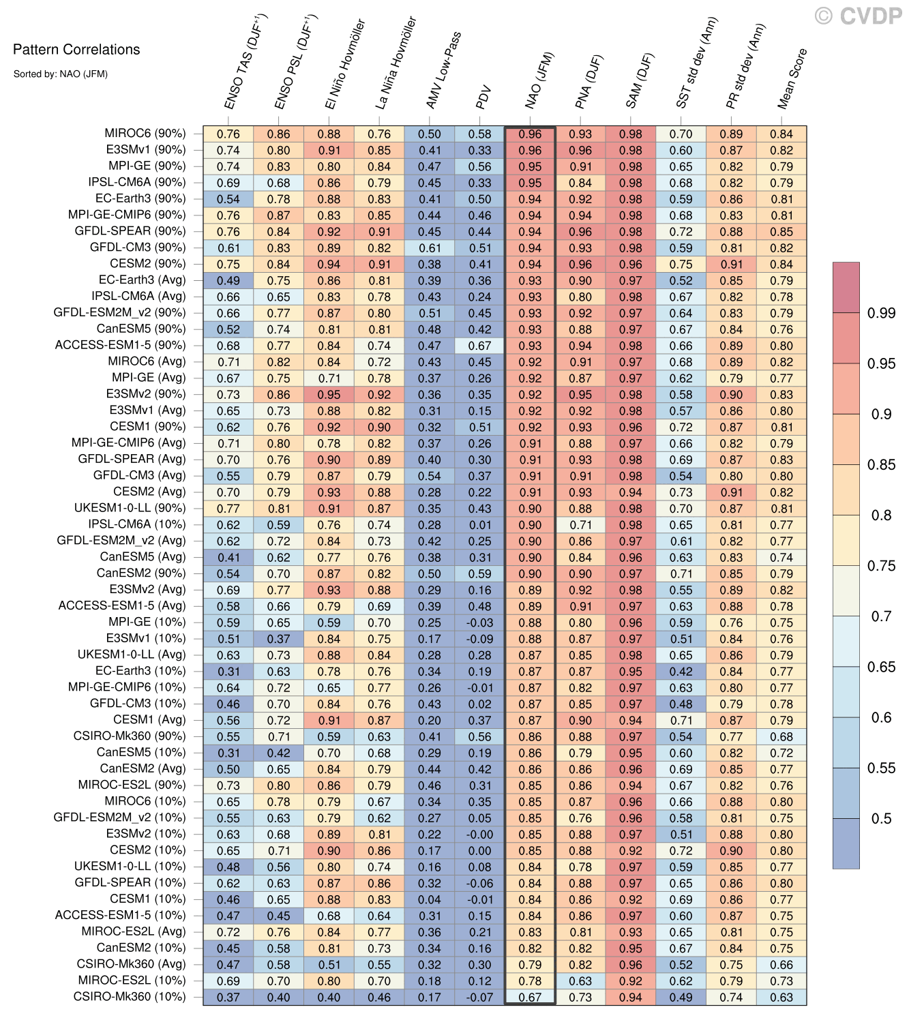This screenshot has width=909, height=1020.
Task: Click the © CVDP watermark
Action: (x=858, y=16)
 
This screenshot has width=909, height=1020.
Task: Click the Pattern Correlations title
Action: (x=76, y=49)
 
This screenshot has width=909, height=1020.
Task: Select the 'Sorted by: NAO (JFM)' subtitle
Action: (x=60, y=74)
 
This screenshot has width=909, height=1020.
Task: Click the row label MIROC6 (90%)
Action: (x=145, y=134)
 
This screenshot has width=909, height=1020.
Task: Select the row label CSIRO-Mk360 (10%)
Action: (x=130, y=997)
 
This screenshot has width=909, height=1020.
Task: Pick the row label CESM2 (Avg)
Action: (x=149, y=492)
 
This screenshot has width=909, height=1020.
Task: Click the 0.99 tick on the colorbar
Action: (x=881, y=313)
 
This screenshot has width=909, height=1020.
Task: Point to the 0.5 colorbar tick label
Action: (x=881, y=819)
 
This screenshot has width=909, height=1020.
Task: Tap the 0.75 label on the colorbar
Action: (x=881, y=566)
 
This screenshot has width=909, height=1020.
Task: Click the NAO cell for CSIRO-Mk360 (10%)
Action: (x=530, y=997)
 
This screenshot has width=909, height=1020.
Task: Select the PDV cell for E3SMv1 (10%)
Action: (x=480, y=639)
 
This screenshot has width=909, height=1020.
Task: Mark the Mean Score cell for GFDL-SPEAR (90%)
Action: (x=781, y=232)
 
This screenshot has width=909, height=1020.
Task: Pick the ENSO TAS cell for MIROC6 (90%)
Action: (x=228, y=134)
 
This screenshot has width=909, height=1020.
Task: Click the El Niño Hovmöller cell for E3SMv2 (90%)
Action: (x=329, y=395)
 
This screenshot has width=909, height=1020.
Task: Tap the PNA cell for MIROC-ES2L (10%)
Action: (x=580, y=981)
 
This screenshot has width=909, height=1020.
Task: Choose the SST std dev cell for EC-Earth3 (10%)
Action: (x=681, y=672)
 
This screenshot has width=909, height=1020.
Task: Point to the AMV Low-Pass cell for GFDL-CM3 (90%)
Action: (x=430, y=248)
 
